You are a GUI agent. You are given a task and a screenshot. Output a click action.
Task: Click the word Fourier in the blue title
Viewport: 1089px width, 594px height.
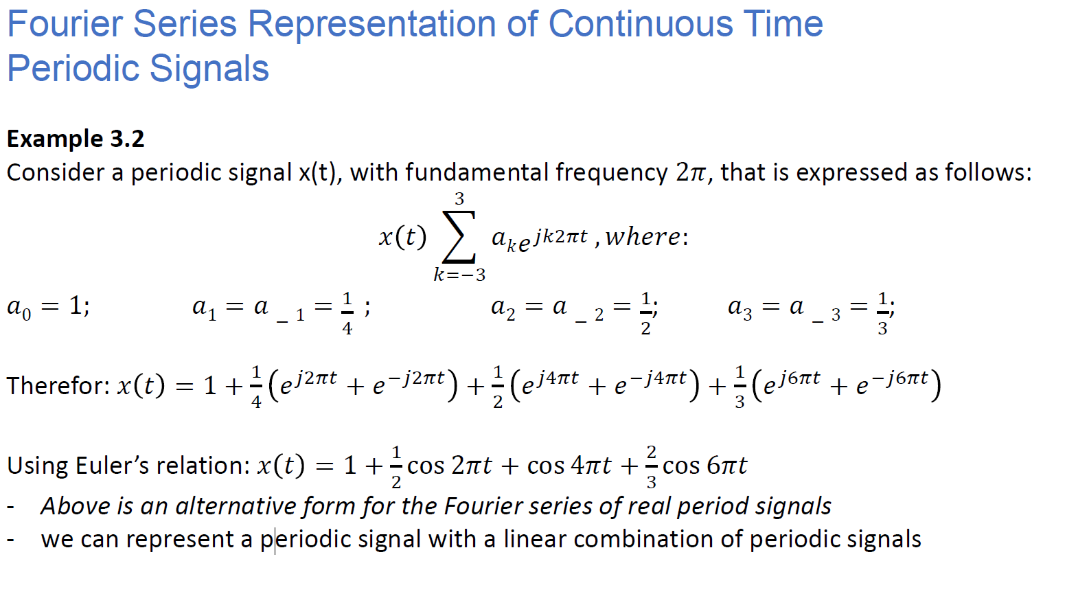(x=65, y=24)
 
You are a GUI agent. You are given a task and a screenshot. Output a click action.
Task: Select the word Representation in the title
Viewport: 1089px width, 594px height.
(x=372, y=24)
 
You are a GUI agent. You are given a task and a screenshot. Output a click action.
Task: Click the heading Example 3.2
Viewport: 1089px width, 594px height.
(x=76, y=139)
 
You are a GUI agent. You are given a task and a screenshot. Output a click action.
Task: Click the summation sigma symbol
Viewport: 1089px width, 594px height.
(x=459, y=237)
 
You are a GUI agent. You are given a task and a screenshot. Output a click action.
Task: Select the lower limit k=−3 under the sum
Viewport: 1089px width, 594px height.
(x=459, y=275)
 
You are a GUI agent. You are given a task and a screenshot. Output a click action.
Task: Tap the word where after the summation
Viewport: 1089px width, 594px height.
(x=643, y=237)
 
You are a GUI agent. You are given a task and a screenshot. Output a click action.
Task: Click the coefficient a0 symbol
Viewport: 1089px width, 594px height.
(x=19, y=307)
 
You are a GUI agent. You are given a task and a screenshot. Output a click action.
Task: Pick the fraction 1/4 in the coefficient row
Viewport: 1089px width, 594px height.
(x=347, y=313)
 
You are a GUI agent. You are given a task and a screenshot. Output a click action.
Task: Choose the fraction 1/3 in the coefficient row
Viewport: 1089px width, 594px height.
(x=882, y=313)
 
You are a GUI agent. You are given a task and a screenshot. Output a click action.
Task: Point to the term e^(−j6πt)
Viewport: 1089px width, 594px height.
(x=892, y=382)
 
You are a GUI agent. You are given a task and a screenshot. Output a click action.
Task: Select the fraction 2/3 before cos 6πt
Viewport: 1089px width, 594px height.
(x=651, y=466)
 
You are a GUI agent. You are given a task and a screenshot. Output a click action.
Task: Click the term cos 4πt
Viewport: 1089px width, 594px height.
(x=569, y=466)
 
